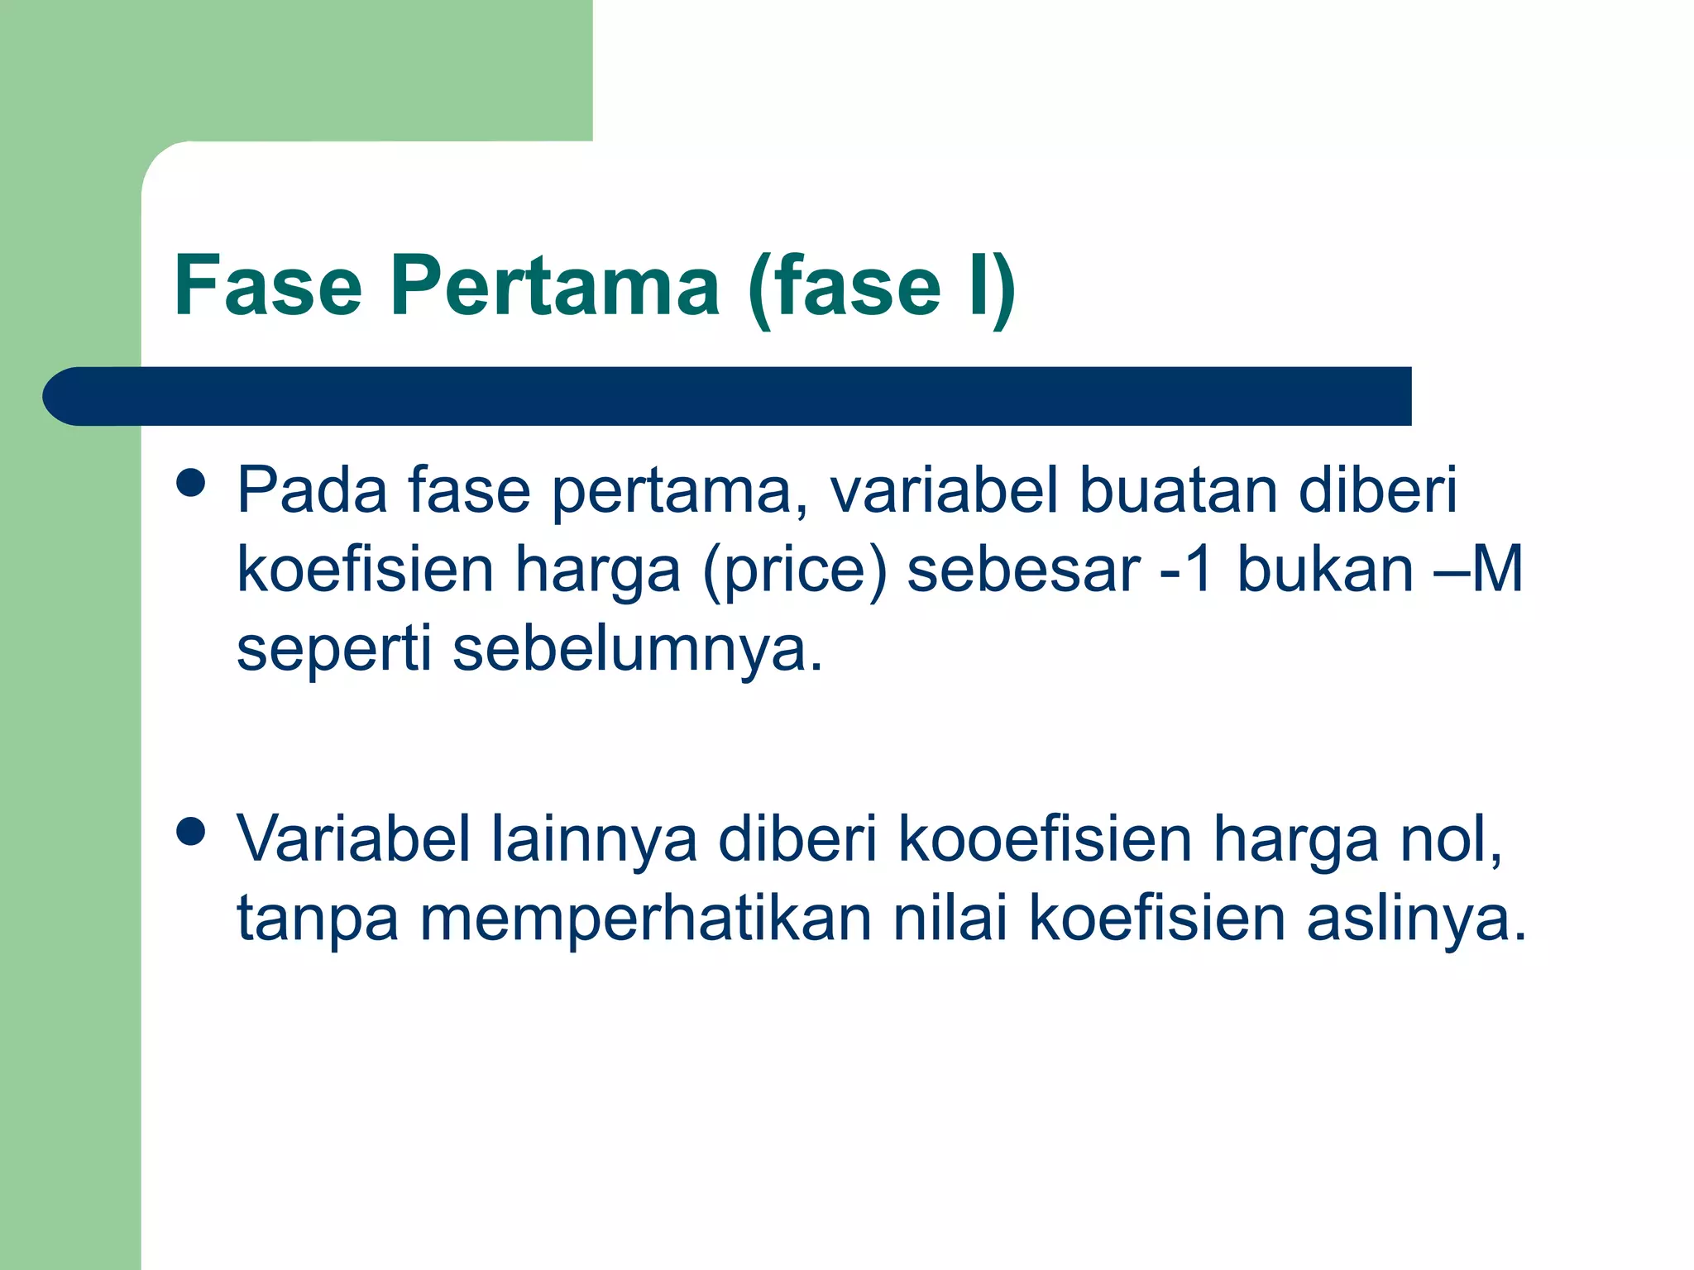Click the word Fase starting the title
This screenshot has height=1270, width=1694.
(x=268, y=286)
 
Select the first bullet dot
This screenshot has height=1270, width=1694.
(x=191, y=483)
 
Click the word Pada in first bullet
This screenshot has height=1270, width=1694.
(x=312, y=490)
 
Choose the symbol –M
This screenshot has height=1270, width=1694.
(x=1479, y=571)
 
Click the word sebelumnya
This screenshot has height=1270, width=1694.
(x=637, y=650)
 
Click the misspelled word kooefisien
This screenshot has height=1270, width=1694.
(x=1046, y=839)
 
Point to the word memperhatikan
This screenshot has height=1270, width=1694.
(x=646, y=919)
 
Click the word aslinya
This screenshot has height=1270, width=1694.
(x=1416, y=919)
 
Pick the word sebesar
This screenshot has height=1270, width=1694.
(x=1023, y=571)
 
